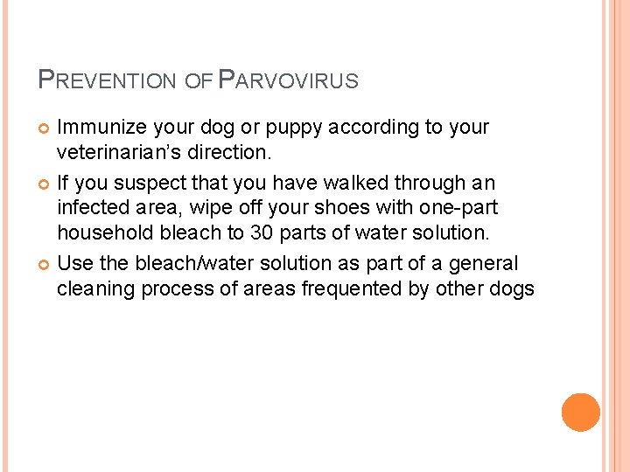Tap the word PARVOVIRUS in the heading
pos(288,81)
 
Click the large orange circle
pos(580,412)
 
